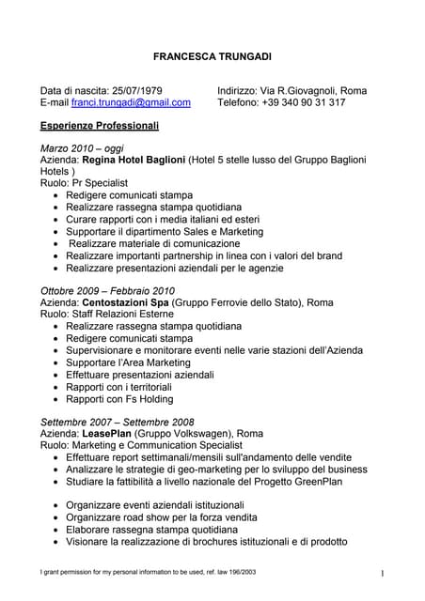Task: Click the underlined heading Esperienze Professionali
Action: click(x=100, y=125)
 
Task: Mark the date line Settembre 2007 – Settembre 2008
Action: click(x=117, y=422)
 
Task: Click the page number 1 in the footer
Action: click(x=384, y=573)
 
